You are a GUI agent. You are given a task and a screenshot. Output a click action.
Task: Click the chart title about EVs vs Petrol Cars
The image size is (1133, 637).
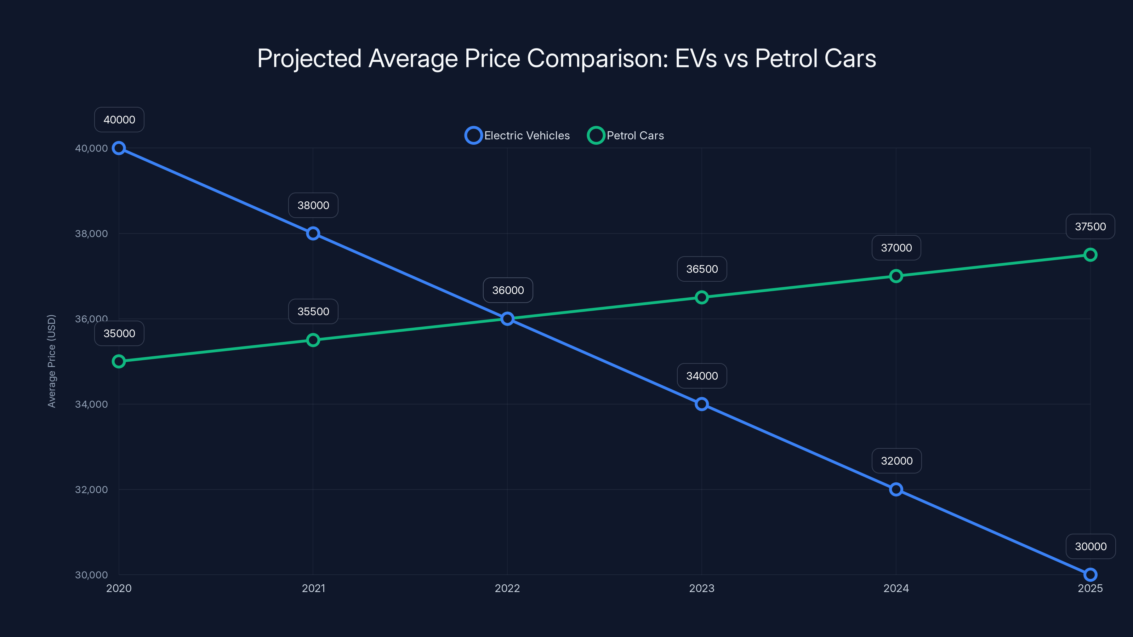[566, 58]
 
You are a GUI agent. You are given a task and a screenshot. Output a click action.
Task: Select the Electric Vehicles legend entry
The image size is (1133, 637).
[518, 136]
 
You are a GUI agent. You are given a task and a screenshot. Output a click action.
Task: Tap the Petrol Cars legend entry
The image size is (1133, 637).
[626, 136]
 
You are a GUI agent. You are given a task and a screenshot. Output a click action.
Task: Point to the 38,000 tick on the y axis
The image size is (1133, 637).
[91, 234]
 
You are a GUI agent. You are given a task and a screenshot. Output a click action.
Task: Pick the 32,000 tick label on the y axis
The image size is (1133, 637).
[91, 490]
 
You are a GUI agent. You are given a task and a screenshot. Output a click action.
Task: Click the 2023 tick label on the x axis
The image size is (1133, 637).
[701, 588]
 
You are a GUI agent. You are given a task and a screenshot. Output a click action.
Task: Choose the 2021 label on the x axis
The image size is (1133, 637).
[313, 588]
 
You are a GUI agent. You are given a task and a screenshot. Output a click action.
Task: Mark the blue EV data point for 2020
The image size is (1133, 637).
[119, 148]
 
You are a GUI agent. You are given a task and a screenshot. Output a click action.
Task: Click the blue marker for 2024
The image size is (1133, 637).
[896, 489]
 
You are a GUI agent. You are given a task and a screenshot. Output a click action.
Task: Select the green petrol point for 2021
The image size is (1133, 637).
[313, 340]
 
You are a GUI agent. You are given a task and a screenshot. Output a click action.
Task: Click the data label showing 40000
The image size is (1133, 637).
[119, 120]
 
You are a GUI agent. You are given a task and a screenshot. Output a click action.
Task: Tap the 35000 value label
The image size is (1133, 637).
[119, 333]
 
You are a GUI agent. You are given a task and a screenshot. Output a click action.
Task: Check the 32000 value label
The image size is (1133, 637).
[896, 461]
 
